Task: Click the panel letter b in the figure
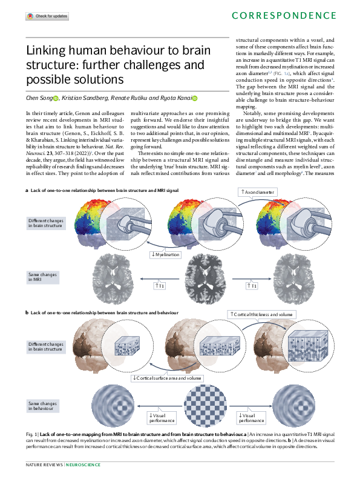tap(27, 312)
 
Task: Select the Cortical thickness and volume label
tap(262, 314)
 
